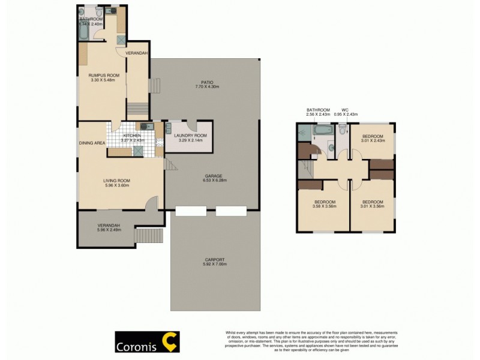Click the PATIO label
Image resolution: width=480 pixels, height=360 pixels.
(x=207, y=82)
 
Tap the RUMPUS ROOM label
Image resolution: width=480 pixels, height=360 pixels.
(x=104, y=75)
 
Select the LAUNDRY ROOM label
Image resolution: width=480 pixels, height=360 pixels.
(x=190, y=136)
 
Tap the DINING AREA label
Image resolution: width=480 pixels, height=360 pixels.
(x=92, y=143)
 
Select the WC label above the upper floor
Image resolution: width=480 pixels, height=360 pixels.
(x=345, y=110)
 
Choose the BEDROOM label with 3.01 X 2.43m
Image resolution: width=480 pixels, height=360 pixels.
(x=373, y=136)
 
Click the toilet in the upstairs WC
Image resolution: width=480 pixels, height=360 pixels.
(x=341, y=129)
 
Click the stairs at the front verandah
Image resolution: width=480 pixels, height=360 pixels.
(x=149, y=236)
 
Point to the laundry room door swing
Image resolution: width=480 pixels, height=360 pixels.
(x=192, y=126)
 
